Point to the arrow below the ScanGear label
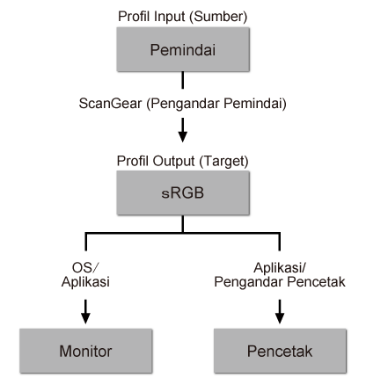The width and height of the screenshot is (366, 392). coord(182,134)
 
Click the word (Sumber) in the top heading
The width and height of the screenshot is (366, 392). coord(218,15)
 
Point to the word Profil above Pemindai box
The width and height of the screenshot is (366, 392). coord(134,15)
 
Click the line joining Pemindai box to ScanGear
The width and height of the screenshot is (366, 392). coord(182,81)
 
